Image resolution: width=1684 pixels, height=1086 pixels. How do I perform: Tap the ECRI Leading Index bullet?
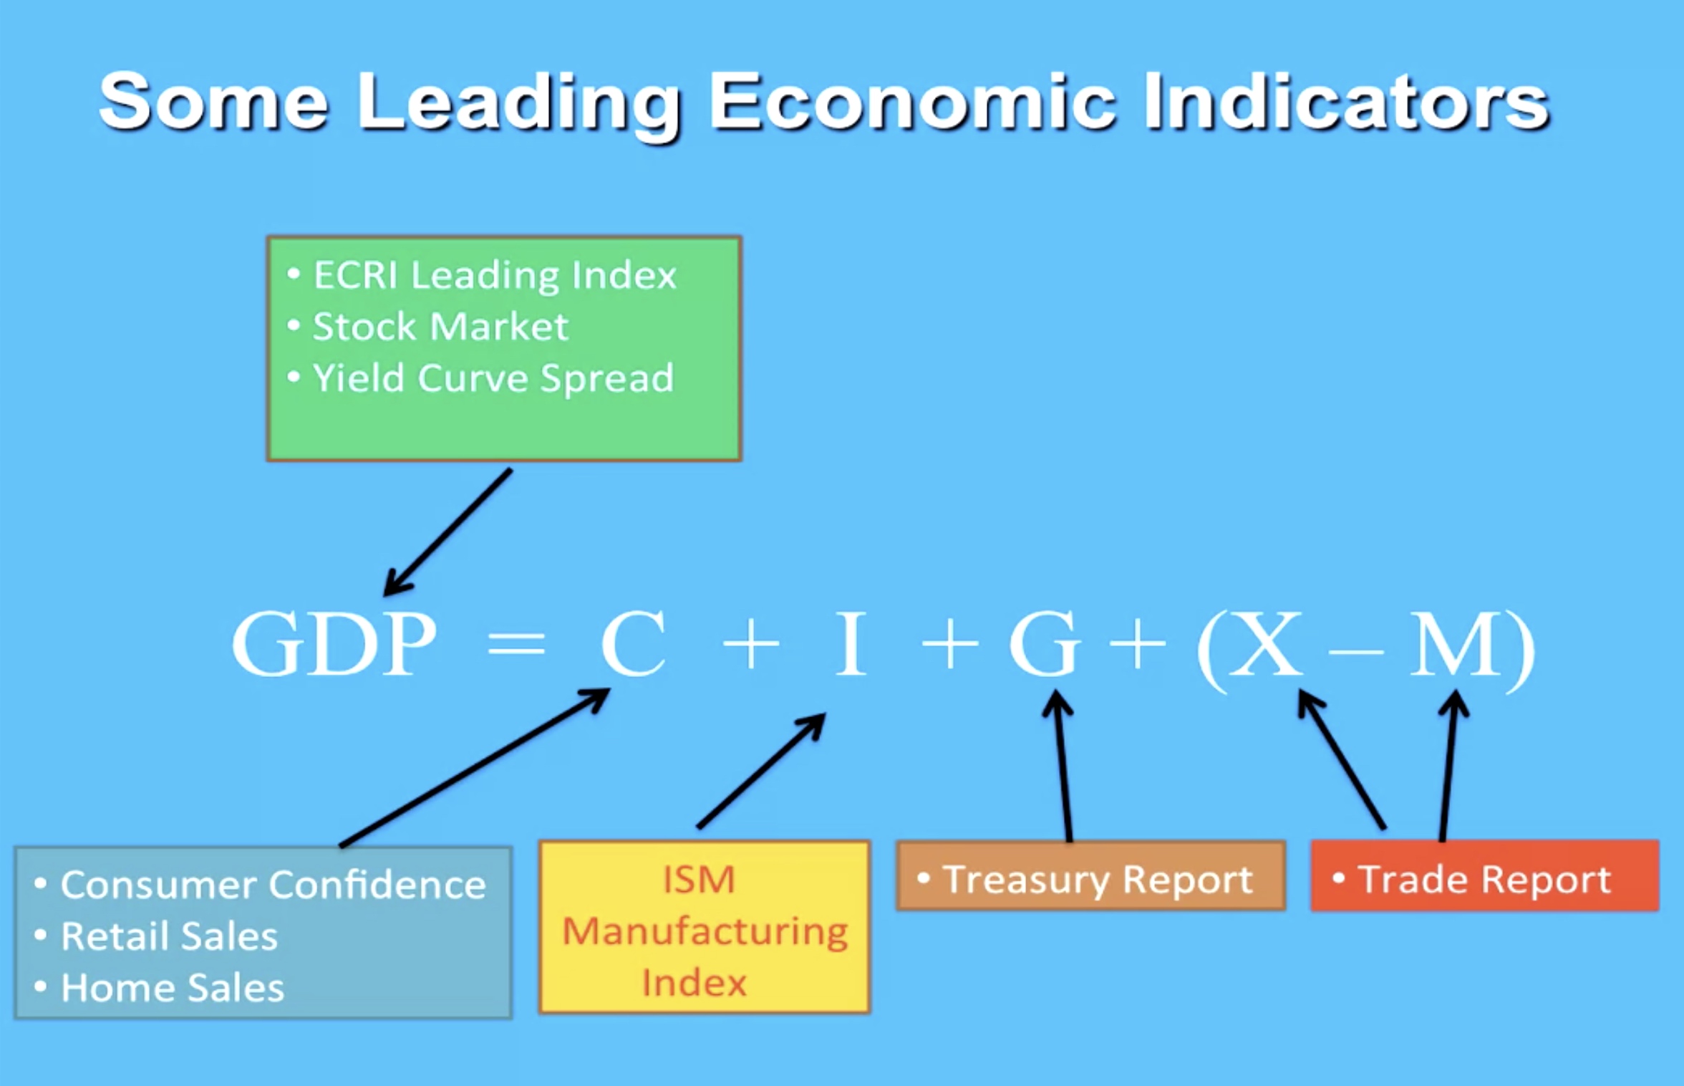tap(495, 275)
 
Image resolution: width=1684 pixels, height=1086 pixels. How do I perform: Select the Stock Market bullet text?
tap(440, 327)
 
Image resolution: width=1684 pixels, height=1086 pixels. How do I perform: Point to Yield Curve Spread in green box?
tap(493, 378)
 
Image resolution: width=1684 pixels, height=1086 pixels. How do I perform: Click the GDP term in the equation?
tap(334, 643)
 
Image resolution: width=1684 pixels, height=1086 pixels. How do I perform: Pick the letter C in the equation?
tap(634, 643)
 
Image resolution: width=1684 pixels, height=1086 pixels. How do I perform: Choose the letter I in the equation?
tap(851, 643)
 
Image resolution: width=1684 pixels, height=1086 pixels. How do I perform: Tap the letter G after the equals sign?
tap(1044, 643)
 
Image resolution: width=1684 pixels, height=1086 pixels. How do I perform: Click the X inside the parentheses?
tap(1265, 643)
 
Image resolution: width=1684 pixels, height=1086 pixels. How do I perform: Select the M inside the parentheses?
tap(1456, 643)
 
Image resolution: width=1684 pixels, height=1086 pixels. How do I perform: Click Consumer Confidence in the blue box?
tap(273, 885)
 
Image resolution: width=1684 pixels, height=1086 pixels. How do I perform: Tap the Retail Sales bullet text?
tap(169, 936)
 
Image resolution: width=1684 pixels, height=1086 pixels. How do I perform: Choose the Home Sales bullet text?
tap(173, 988)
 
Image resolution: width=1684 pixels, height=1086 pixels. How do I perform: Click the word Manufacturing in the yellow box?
tap(705, 932)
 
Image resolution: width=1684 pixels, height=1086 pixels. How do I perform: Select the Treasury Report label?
tap(1098, 880)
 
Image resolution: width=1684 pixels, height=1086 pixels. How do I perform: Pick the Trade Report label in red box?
tap(1484, 880)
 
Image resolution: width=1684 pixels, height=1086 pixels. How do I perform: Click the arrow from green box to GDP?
tap(448, 532)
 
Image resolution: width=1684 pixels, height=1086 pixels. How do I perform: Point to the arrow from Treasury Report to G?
tap(1063, 766)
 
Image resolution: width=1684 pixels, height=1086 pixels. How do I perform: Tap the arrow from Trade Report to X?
tap(1342, 759)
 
